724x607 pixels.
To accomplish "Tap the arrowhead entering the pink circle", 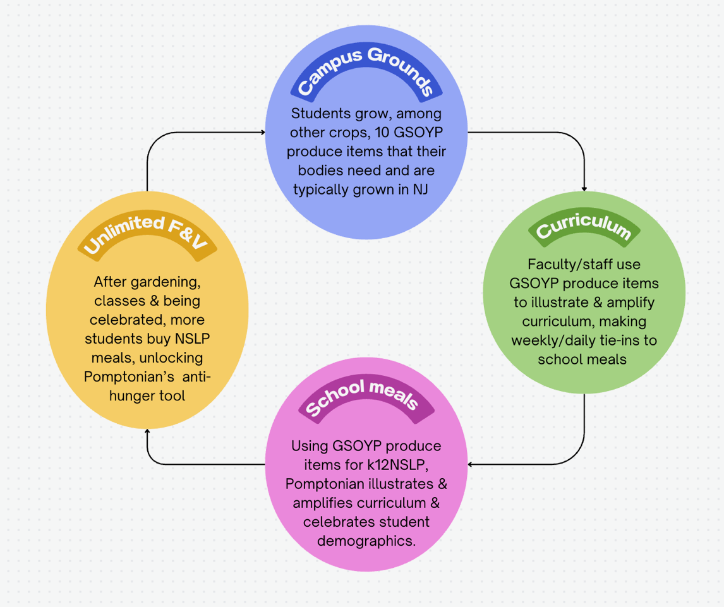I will pyautogui.click(x=471, y=465).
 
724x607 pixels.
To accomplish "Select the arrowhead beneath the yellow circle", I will pyautogui.click(x=147, y=432).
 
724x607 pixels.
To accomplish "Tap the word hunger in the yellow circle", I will pyautogui.click(x=132, y=396).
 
